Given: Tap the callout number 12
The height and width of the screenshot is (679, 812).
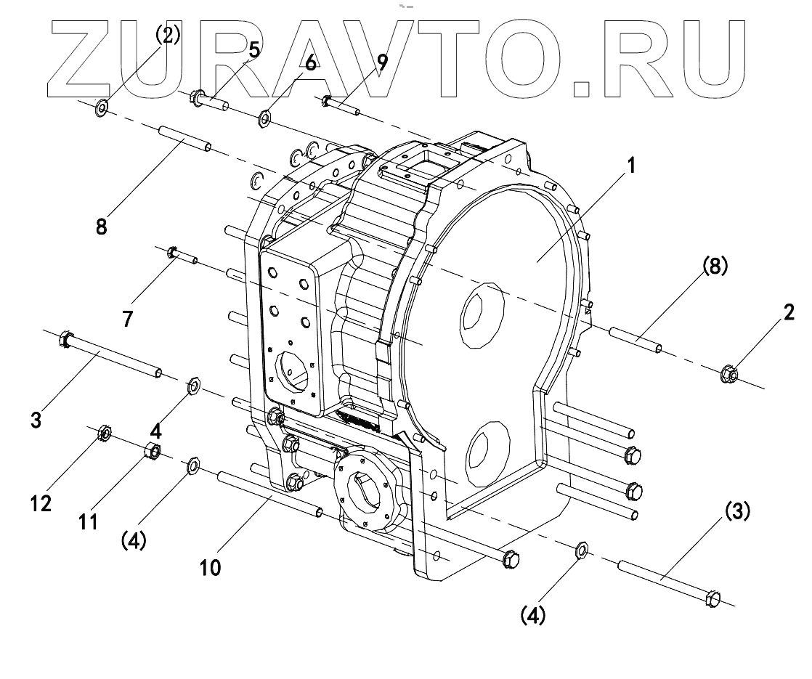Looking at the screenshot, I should (41, 503).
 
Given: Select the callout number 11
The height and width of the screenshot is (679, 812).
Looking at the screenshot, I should (88, 521).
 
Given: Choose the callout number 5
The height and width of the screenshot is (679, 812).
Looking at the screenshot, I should (253, 50).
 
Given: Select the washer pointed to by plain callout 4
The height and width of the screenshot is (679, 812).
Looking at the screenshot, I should (193, 386).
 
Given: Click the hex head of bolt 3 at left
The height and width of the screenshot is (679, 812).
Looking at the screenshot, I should (63, 338).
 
